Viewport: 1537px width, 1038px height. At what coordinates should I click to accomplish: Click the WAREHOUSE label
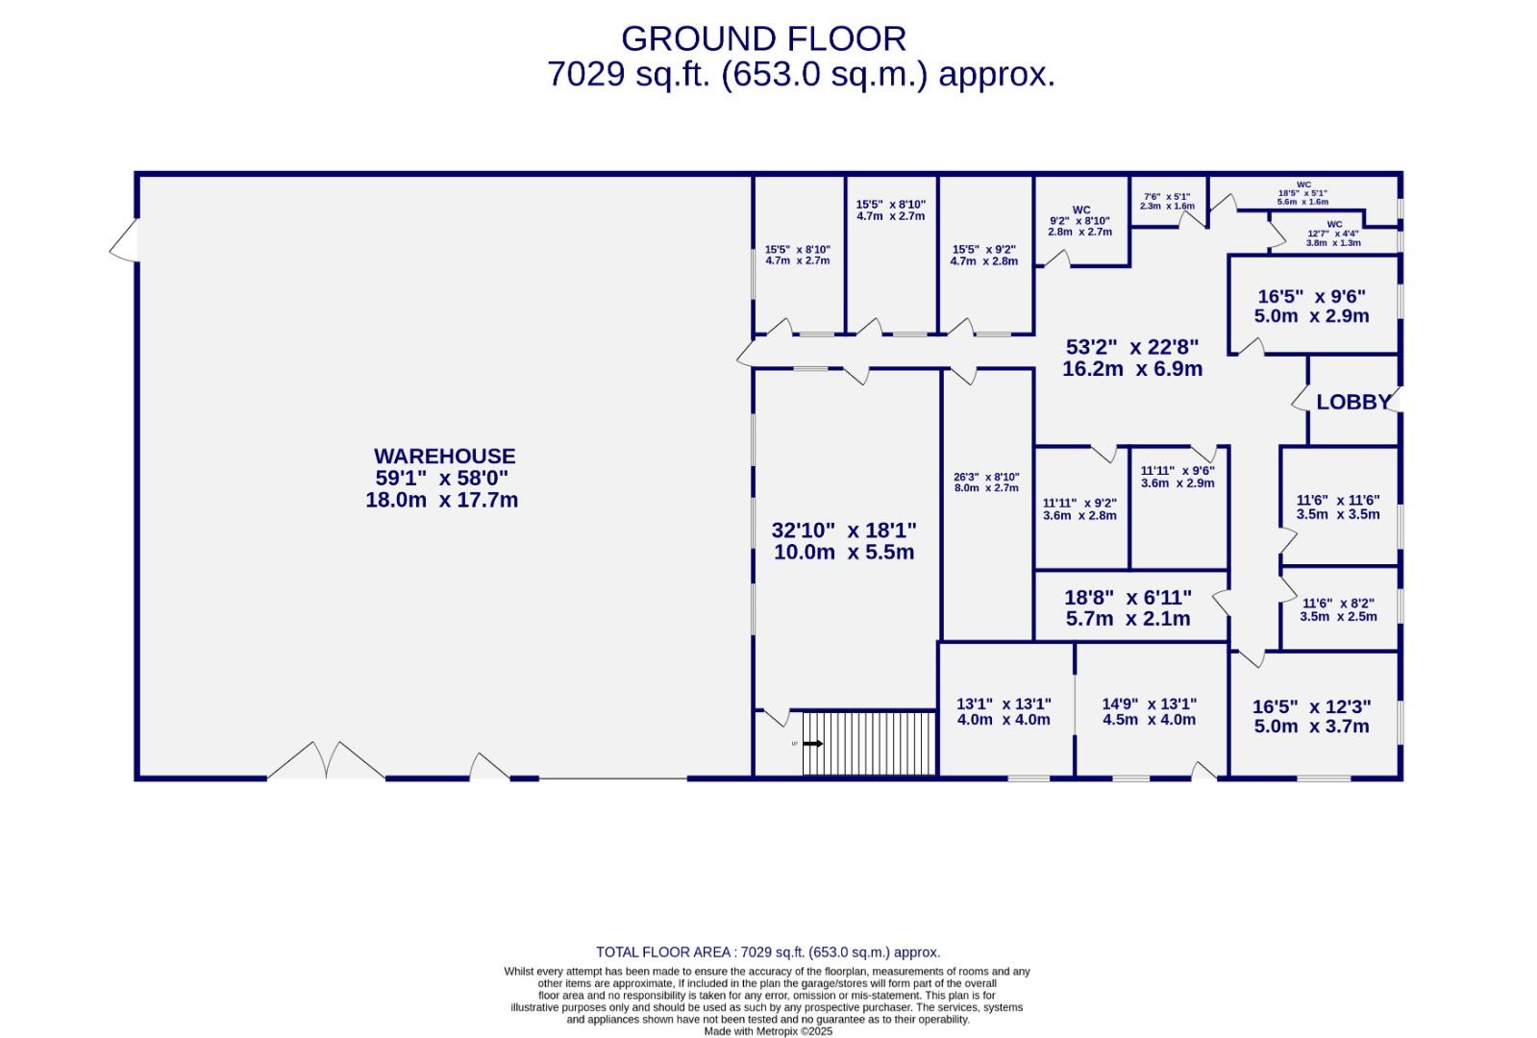click(444, 457)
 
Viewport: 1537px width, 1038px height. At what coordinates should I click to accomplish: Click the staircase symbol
click(869, 743)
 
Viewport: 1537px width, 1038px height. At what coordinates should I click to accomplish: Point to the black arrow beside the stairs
click(813, 744)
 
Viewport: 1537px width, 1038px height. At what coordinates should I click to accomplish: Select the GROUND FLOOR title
click(763, 39)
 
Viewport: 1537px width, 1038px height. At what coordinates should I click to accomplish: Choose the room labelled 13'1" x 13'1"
click(1004, 711)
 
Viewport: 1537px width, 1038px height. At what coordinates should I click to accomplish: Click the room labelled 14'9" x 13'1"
click(1149, 711)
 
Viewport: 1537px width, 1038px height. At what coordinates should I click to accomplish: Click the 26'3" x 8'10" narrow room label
click(986, 482)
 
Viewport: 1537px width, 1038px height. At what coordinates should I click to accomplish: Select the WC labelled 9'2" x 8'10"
click(1079, 221)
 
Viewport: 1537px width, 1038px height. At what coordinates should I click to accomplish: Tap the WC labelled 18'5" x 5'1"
click(1302, 193)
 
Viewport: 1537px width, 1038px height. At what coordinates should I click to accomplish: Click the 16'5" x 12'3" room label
click(1311, 716)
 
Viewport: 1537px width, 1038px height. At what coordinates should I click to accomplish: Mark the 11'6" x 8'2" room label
click(1338, 609)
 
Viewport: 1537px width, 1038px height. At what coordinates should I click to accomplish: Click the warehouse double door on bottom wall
click(327, 761)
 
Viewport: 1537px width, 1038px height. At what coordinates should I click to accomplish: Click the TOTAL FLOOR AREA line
click(768, 952)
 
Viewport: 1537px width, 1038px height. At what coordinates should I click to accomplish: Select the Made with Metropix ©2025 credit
click(768, 1031)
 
